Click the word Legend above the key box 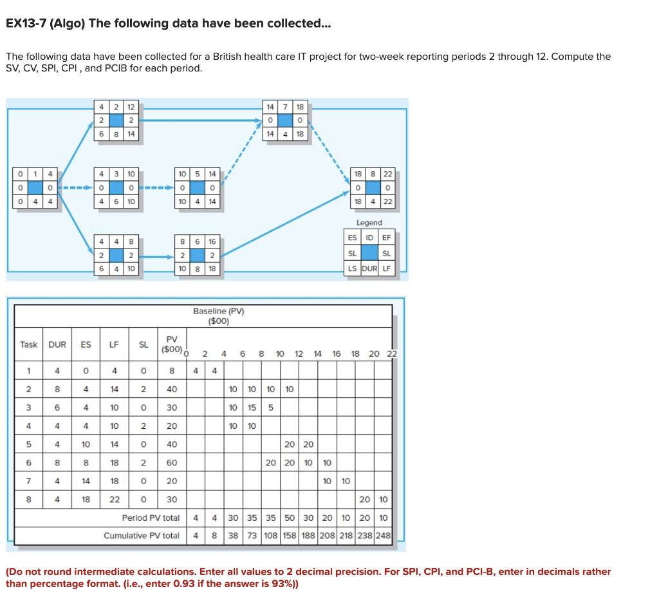point(369,223)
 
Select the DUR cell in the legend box point(369,268)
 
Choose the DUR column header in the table point(57,344)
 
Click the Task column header point(28,344)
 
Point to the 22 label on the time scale point(392,353)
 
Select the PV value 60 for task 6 point(172,462)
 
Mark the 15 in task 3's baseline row point(252,407)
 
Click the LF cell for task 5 point(114,444)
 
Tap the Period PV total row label point(151,518)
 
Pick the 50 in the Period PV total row point(290,518)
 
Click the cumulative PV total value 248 point(384,536)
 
